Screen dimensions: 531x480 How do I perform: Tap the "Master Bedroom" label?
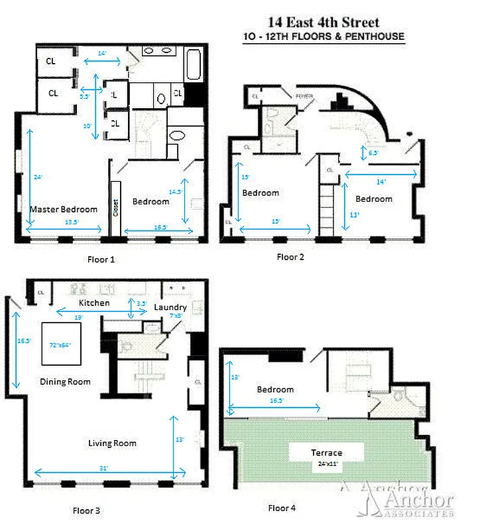click(64, 209)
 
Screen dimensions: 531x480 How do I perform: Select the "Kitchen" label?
click(94, 303)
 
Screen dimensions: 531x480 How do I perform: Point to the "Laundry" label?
click(170, 307)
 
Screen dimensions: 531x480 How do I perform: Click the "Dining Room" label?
click(65, 382)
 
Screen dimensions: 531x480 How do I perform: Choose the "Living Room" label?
click(113, 443)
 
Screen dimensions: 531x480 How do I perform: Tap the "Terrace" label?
click(327, 453)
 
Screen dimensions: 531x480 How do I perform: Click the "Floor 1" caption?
click(101, 260)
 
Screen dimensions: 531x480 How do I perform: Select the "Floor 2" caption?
click(290, 256)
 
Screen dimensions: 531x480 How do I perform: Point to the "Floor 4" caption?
click(282, 508)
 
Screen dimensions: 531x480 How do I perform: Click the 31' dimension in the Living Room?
click(104, 469)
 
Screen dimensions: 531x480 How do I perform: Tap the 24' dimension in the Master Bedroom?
click(38, 177)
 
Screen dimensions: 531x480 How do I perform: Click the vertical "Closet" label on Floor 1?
click(115, 209)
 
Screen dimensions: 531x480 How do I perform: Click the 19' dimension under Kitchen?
click(79, 318)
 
